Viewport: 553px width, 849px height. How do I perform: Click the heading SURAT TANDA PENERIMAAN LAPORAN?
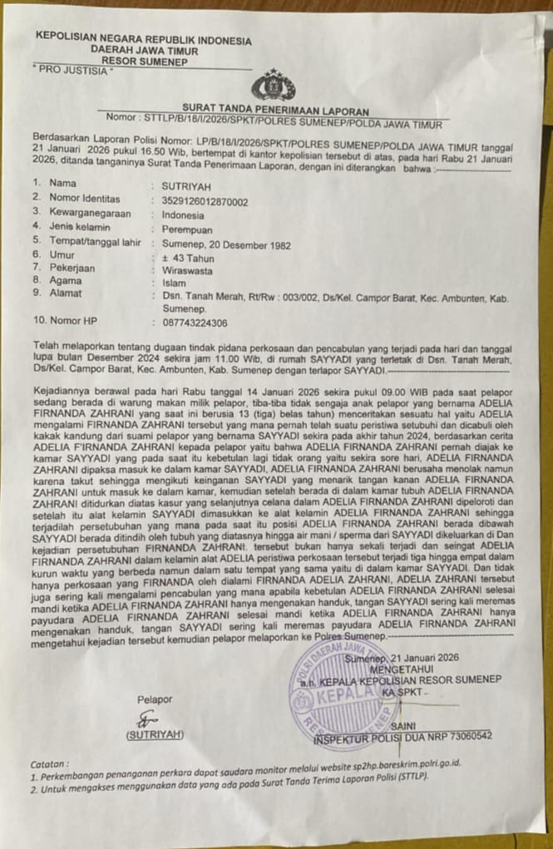276,110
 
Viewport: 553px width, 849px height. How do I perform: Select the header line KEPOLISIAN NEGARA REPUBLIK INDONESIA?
143,39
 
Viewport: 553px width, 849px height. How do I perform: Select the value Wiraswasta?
187,270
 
